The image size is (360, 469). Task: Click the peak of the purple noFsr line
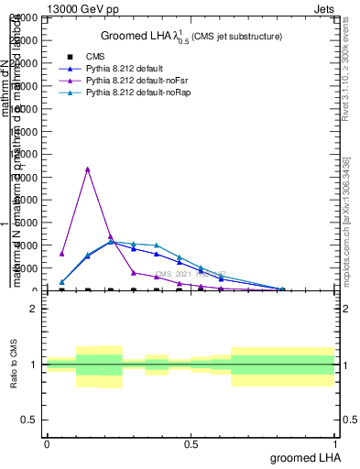pyautogui.click(x=87, y=169)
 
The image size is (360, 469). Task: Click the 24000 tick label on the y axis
pyautogui.click(x=24, y=18)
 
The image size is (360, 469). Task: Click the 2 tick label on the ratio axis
pyautogui.click(x=34, y=310)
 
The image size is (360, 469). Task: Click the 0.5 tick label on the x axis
pyautogui.click(x=191, y=443)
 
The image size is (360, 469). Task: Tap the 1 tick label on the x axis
pyautogui.click(x=335, y=443)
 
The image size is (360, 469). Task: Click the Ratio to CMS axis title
pyautogui.click(x=13, y=365)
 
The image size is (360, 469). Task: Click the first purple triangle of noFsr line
pyautogui.click(x=61, y=254)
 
